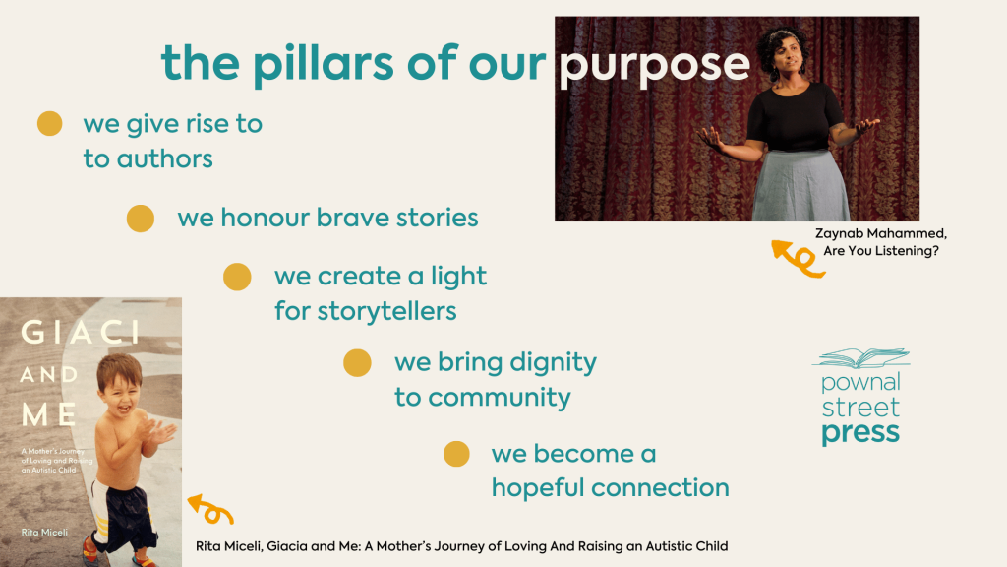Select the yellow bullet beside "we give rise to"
pos(49,123)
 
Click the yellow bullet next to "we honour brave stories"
pos(140,218)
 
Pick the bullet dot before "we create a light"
pos(237,277)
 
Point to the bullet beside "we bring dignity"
pos(357,362)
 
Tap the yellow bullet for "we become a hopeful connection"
pos(456,454)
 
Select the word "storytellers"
pos(387,312)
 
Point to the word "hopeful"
pos(538,488)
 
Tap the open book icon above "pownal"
pos(861,358)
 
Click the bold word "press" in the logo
pos(860,434)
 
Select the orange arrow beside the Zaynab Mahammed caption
pos(797,259)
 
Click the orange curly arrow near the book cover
pos(210,509)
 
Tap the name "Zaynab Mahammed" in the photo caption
pos(880,233)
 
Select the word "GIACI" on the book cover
pos(81,333)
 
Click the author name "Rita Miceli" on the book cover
pos(44,533)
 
